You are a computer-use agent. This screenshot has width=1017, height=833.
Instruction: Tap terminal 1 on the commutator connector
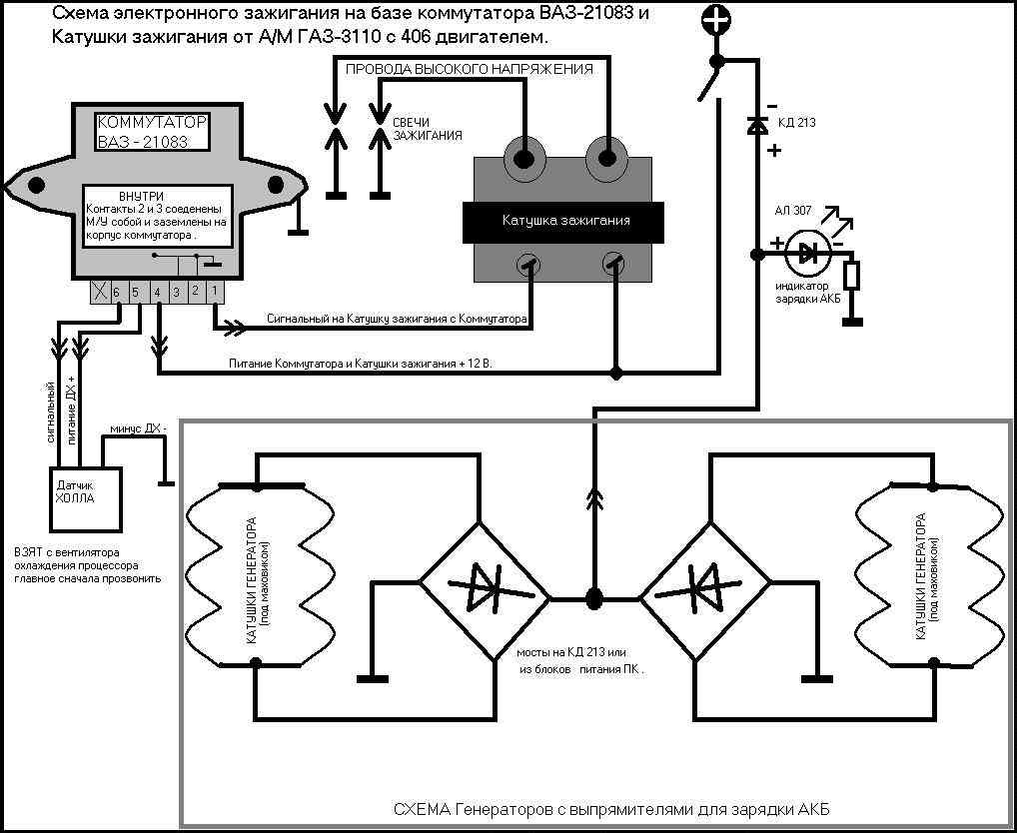tap(214, 292)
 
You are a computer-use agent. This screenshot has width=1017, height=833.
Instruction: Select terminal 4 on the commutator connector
tap(157, 292)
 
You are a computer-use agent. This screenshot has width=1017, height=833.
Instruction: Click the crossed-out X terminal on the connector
tap(100, 292)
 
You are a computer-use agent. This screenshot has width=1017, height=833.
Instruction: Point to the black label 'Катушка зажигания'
tap(565, 220)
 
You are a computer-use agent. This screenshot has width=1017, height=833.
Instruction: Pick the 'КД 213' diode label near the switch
tap(796, 124)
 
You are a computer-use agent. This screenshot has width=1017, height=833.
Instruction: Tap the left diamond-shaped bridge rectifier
tap(484, 598)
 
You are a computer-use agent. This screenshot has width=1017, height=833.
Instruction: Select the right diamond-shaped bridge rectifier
tap(705, 598)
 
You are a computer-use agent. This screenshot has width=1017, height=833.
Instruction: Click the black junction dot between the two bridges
tap(594, 598)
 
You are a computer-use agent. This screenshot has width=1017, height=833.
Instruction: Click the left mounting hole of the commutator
tap(37, 184)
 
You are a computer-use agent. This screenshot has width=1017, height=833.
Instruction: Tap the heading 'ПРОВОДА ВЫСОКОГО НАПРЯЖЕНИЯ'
tap(469, 70)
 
